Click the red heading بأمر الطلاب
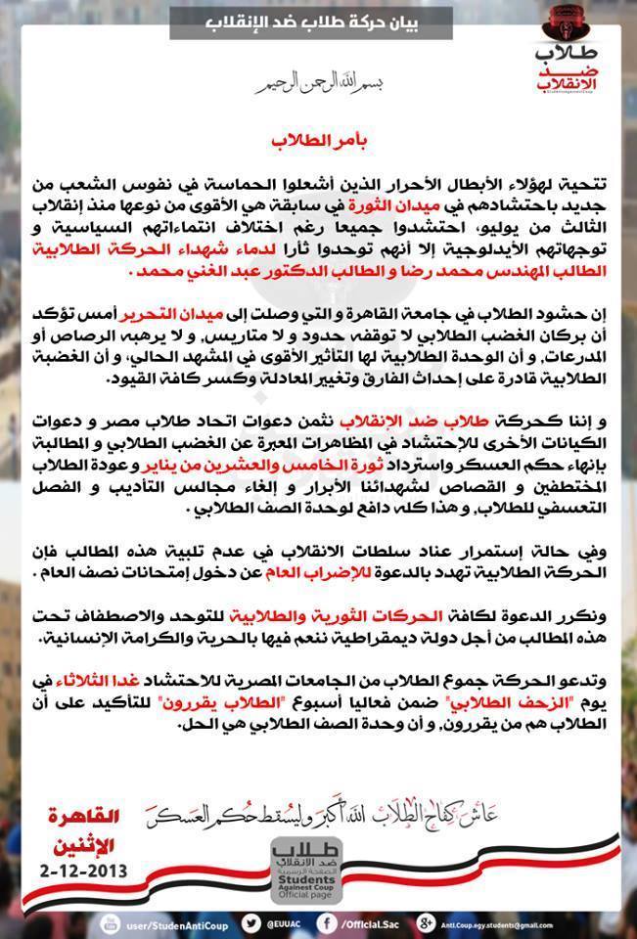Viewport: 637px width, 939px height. (x=318, y=140)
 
